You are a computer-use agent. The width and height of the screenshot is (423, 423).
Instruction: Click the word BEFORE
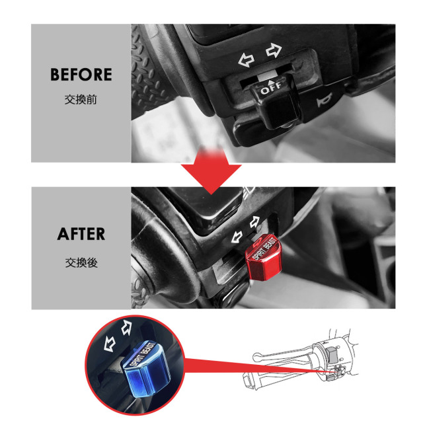pyautogui.click(x=81, y=75)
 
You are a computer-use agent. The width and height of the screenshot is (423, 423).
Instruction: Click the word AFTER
pyautogui.click(x=81, y=234)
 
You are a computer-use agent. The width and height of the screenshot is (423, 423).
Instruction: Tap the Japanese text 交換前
pyautogui.click(x=81, y=103)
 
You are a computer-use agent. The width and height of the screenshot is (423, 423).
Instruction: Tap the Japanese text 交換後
pyautogui.click(x=81, y=262)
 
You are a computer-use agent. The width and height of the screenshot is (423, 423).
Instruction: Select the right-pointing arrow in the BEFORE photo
pyautogui.click(x=273, y=51)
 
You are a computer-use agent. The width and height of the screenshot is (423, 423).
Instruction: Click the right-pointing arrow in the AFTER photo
pyautogui.click(x=253, y=221)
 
